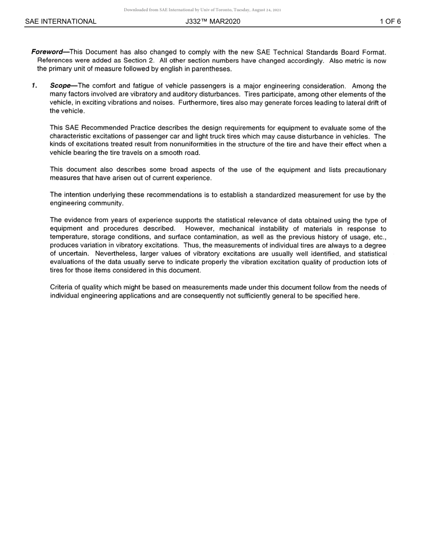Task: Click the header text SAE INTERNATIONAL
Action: (61, 22)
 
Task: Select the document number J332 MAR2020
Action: (213, 22)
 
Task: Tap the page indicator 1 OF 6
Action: (390, 22)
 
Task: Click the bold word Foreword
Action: (47, 52)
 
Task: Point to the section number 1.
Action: (34, 86)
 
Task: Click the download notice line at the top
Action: (202, 10)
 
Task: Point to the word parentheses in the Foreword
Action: (212, 69)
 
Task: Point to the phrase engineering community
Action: (87, 203)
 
